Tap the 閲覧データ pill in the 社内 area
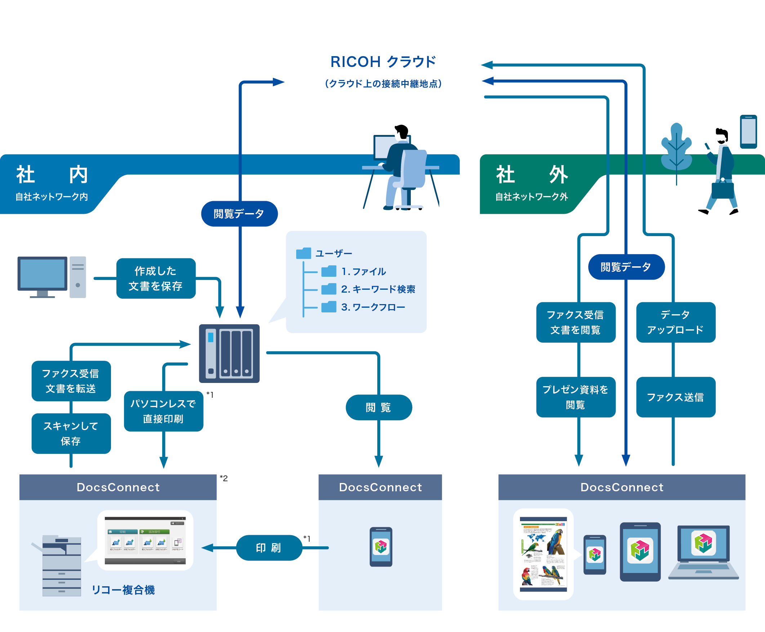(239, 213)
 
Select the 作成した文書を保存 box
(156, 278)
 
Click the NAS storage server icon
(229, 353)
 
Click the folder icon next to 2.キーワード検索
(329, 289)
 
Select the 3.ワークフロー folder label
(373, 307)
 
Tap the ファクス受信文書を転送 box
(71, 381)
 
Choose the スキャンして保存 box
(71, 433)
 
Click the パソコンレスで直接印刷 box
(163, 411)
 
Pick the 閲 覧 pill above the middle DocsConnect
(378, 407)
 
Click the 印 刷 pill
(269, 547)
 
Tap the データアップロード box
(676, 322)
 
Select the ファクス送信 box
(676, 397)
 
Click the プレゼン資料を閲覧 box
(575, 397)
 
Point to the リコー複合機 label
(123, 590)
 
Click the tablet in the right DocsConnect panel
(640, 552)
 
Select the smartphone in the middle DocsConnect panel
(381, 546)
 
